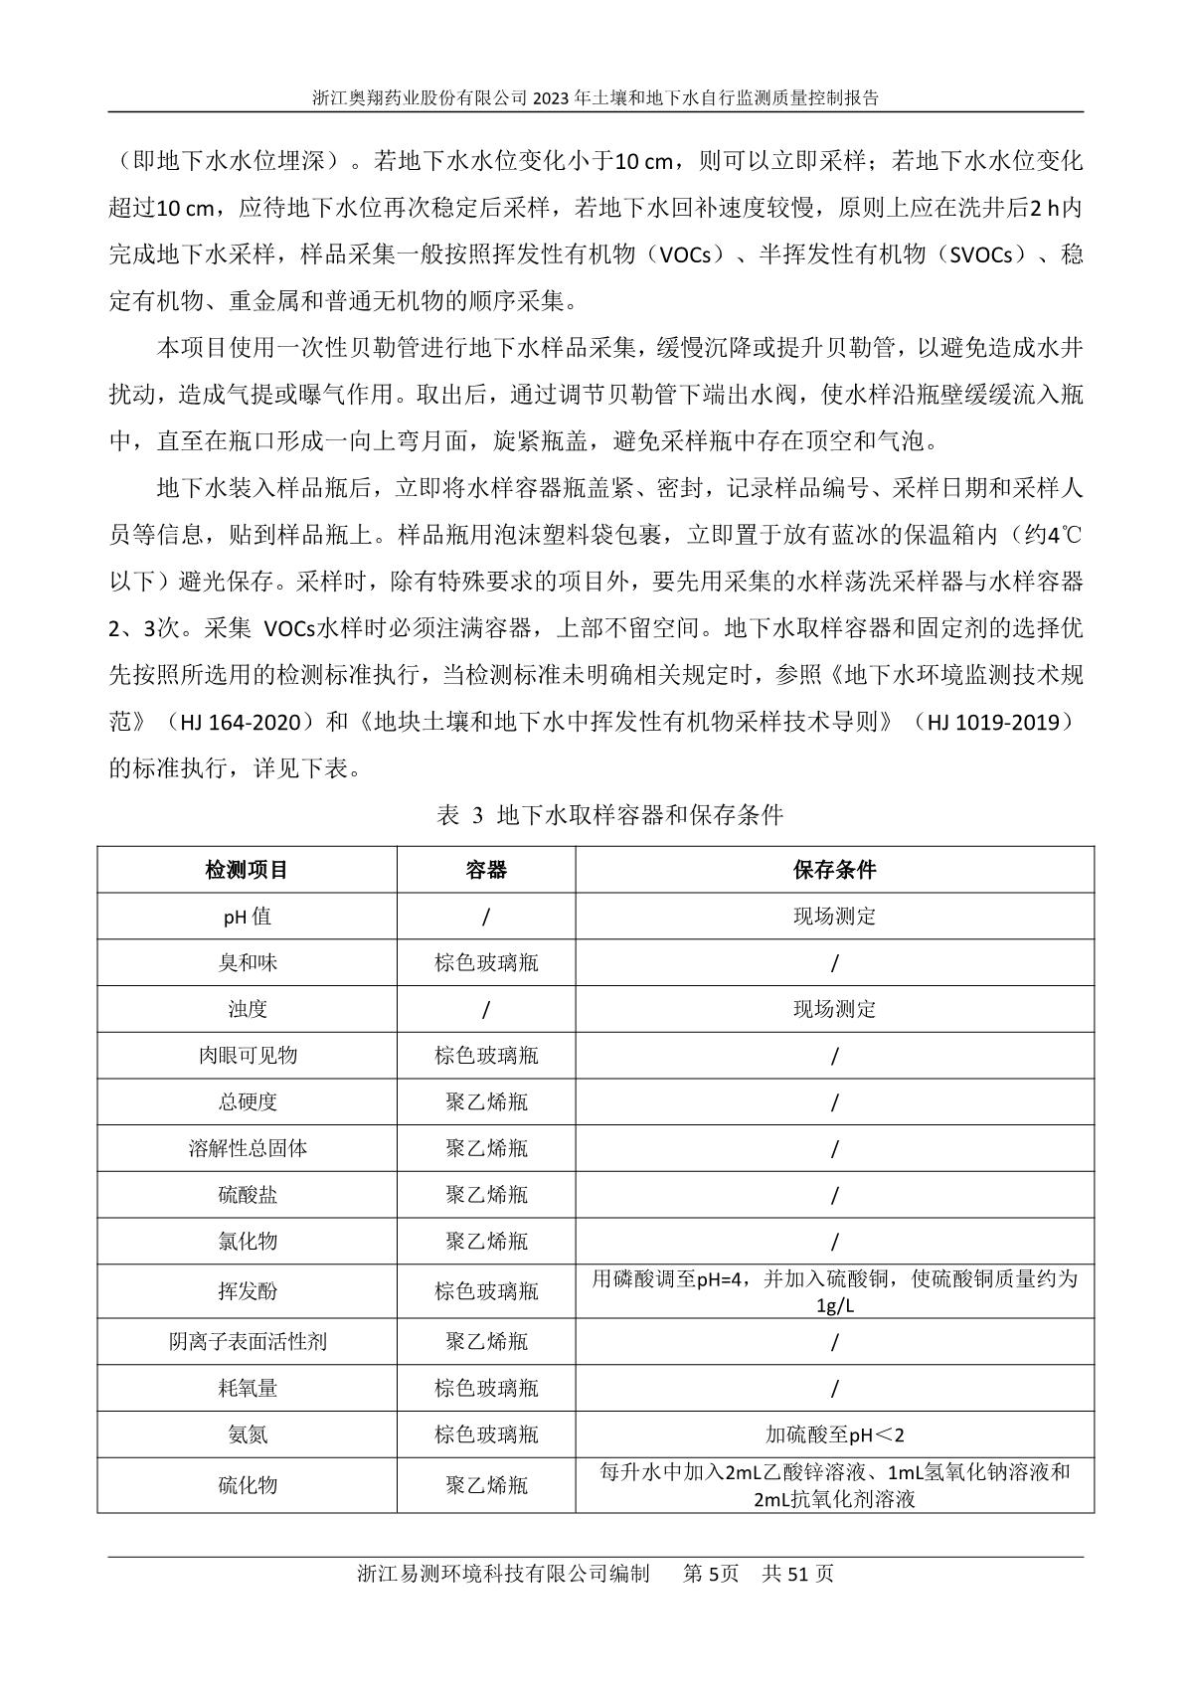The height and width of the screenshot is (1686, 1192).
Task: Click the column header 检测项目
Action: (247, 870)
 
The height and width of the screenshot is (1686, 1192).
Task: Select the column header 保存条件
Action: (834, 870)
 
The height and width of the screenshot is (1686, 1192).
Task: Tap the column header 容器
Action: (486, 870)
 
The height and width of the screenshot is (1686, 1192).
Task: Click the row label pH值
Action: (247, 917)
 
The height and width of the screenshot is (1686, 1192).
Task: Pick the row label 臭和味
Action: (247, 963)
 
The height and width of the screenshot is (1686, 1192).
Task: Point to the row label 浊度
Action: (247, 1009)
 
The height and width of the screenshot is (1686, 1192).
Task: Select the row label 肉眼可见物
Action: (247, 1056)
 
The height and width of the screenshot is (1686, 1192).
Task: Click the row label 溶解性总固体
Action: (247, 1148)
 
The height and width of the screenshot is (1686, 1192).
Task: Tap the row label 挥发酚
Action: (247, 1291)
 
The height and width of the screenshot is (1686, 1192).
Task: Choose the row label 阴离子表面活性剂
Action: (247, 1342)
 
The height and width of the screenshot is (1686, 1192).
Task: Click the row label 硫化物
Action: (247, 1485)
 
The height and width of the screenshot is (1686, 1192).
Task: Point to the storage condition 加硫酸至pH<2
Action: (834, 1434)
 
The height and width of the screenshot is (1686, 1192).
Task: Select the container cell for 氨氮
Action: (486, 1434)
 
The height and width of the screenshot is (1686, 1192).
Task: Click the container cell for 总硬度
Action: (486, 1102)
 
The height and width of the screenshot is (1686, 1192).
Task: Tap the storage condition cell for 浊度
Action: (834, 1009)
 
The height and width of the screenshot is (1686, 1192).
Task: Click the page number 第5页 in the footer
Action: (711, 1574)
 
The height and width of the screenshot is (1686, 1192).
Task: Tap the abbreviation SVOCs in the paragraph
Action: (985, 255)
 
